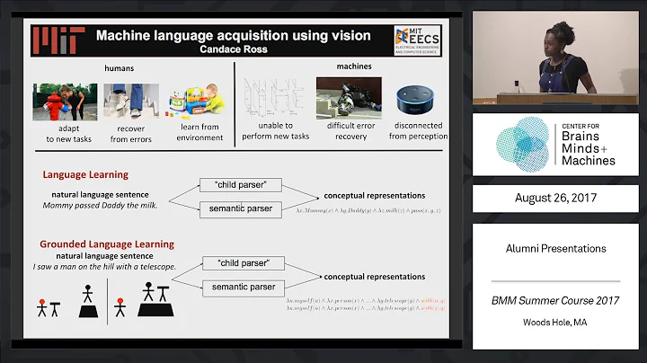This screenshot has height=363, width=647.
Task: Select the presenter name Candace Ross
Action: click(234, 50)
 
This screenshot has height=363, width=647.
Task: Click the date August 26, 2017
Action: click(557, 198)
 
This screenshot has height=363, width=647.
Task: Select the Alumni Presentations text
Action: click(557, 248)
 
